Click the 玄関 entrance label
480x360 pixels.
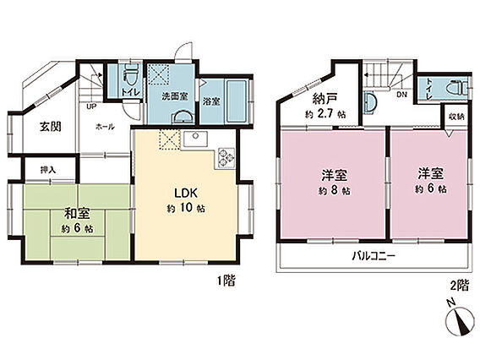click(50, 127)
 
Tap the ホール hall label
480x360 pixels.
click(105, 127)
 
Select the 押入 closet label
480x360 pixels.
click(48, 170)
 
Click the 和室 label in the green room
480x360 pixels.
click(77, 213)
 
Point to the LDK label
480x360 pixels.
click(186, 193)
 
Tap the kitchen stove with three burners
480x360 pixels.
click(226, 158)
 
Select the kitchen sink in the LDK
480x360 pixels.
click(195, 139)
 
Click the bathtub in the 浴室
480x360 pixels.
click(237, 101)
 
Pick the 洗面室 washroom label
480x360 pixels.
click(175, 96)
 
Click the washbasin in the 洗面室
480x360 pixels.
click(183, 117)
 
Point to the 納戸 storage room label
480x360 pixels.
click(325, 99)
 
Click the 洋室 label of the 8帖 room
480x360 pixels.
click(335, 176)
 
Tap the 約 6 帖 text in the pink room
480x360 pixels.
click(430, 188)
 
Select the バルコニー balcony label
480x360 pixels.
click(374, 255)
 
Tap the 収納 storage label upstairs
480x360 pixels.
click(456, 117)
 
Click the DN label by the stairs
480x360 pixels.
click(401, 95)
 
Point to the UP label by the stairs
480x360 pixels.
click(91, 106)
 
